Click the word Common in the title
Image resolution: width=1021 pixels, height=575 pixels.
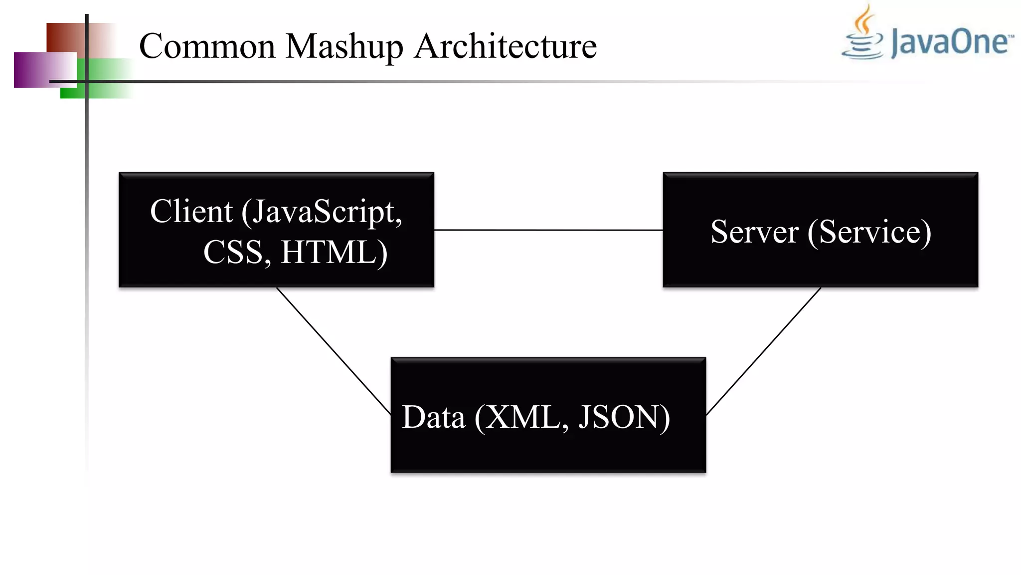207,46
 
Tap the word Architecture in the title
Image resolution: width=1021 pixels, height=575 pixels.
506,46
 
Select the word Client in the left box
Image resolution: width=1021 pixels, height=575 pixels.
191,212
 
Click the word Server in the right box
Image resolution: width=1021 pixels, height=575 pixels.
754,232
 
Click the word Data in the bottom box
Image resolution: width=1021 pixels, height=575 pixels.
433,417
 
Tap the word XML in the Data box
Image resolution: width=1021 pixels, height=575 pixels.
523,417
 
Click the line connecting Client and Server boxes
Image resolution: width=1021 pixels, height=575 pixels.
548,230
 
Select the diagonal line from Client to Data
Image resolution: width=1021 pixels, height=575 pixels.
333,350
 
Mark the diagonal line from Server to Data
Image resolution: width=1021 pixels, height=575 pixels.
764,351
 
